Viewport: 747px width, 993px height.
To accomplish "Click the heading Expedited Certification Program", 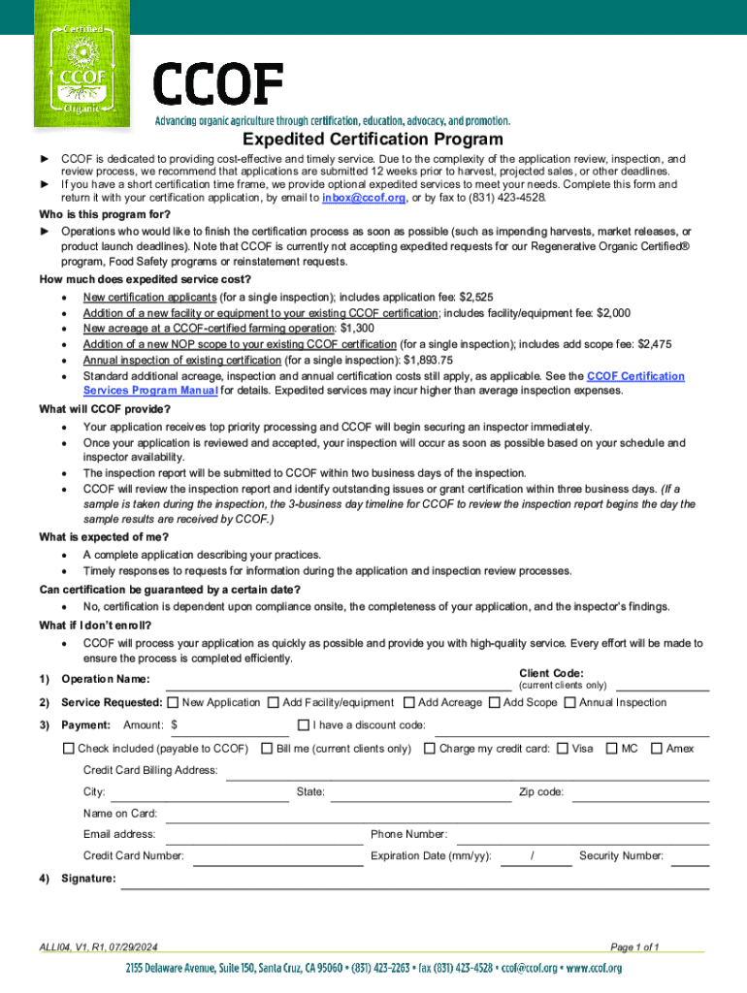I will click(x=373, y=140).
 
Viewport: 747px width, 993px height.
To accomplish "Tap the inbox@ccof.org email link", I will click(x=364, y=197).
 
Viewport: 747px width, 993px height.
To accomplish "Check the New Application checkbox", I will click(x=173, y=702).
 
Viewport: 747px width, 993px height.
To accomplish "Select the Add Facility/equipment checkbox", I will click(x=274, y=702).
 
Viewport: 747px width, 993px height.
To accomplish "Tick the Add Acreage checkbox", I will click(x=409, y=702).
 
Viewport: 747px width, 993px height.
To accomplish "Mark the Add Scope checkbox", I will click(x=495, y=702).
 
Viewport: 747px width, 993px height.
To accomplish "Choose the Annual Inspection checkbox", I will click(x=570, y=702).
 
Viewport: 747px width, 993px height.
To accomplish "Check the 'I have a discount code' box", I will click(x=303, y=725).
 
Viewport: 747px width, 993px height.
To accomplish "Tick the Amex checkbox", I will click(x=657, y=749).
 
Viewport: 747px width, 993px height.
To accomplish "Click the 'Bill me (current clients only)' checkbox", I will click(x=267, y=749).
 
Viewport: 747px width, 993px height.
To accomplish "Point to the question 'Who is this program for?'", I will click(x=105, y=214).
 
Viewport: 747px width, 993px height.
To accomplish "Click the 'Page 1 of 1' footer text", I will click(x=634, y=946).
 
